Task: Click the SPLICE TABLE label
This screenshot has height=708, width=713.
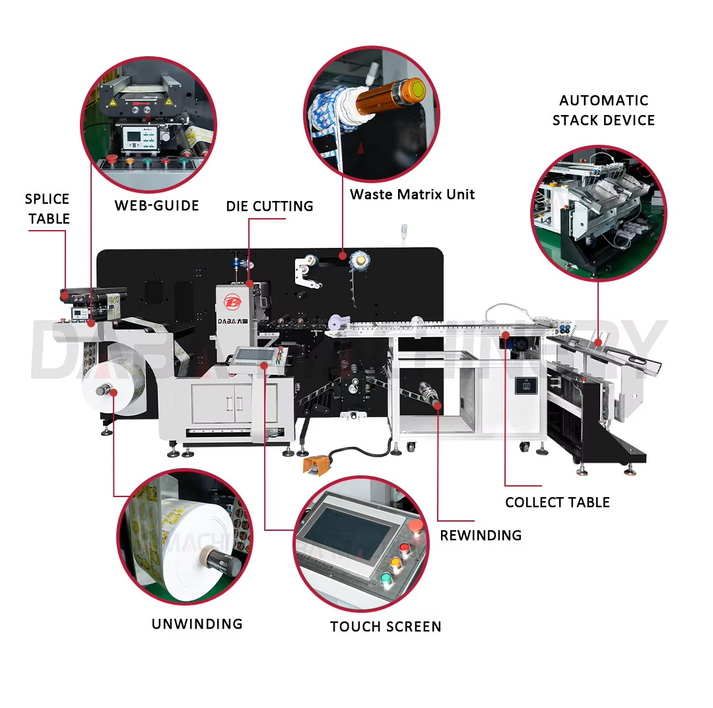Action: [47, 209]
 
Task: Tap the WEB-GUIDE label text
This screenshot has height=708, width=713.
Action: [156, 206]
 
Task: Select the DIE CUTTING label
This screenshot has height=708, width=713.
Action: [269, 206]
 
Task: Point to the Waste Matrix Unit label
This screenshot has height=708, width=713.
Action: [412, 194]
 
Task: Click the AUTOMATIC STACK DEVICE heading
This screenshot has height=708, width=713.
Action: [603, 110]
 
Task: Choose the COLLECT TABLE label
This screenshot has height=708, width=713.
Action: [557, 502]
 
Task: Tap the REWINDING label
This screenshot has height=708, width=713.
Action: [481, 535]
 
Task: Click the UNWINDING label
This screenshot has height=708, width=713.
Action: [197, 624]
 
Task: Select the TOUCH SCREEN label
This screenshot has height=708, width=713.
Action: [386, 627]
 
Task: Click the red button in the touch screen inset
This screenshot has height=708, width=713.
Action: [415, 526]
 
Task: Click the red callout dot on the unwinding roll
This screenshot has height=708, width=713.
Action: [114, 393]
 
